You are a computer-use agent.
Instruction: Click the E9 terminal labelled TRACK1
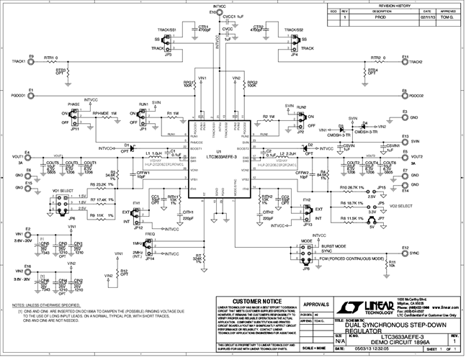31,62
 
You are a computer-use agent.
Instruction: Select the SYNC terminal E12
405,253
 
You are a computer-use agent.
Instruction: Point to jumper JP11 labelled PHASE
75,118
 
